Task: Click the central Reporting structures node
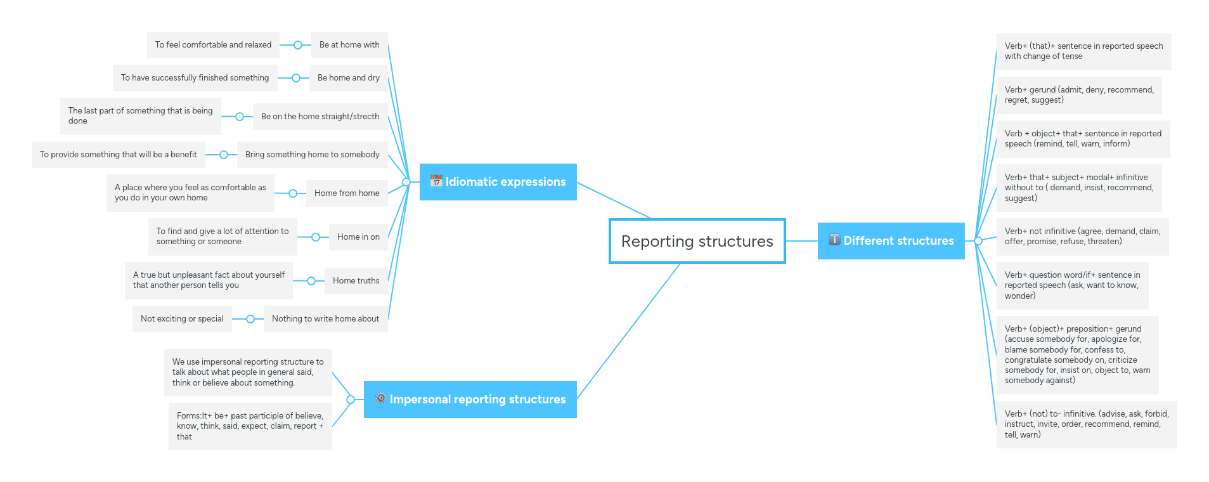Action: [x=697, y=241]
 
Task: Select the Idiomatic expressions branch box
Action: [x=498, y=182]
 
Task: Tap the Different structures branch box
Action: [x=891, y=241]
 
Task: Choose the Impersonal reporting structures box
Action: [x=470, y=400]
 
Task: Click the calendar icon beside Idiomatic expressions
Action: [x=436, y=181]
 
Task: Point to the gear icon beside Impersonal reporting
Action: [x=380, y=398]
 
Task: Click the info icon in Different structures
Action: [x=834, y=240]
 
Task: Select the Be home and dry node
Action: [x=348, y=78]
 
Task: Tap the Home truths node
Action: [x=356, y=281]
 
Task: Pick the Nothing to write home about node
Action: [x=325, y=319]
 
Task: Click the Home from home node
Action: [x=347, y=193]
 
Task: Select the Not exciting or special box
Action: [x=182, y=319]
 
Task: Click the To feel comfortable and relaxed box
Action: [x=213, y=45]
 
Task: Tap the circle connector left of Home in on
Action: [x=316, y=237]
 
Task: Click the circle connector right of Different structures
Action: [x=978, y=241]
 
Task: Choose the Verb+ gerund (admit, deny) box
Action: [x=1078, y=95]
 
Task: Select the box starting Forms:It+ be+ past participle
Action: [x=250, y=426]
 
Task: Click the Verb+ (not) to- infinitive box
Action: [x=1086, y=424]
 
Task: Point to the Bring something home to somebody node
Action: [x=312, y=155]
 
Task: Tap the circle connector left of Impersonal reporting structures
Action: [x=351, y=400]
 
